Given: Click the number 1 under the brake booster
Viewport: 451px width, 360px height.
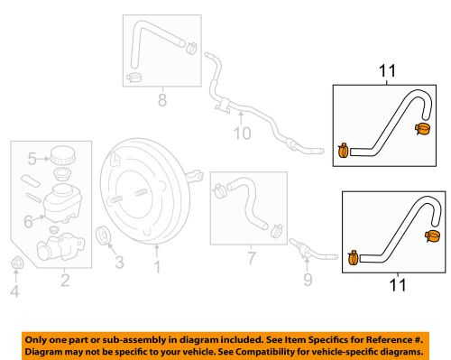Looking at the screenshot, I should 157,266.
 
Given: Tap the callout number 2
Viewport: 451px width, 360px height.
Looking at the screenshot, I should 65,281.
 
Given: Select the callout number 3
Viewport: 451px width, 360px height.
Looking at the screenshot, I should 119,263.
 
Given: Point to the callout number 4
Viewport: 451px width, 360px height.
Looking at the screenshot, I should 14,291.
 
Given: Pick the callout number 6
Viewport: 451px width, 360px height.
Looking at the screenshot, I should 28,218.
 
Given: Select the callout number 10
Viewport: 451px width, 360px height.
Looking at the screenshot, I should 240,135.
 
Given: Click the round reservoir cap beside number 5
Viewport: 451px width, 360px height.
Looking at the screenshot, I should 62,153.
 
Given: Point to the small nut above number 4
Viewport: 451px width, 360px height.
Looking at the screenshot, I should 14,263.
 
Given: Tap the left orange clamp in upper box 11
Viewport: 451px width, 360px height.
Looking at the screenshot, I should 343,151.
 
